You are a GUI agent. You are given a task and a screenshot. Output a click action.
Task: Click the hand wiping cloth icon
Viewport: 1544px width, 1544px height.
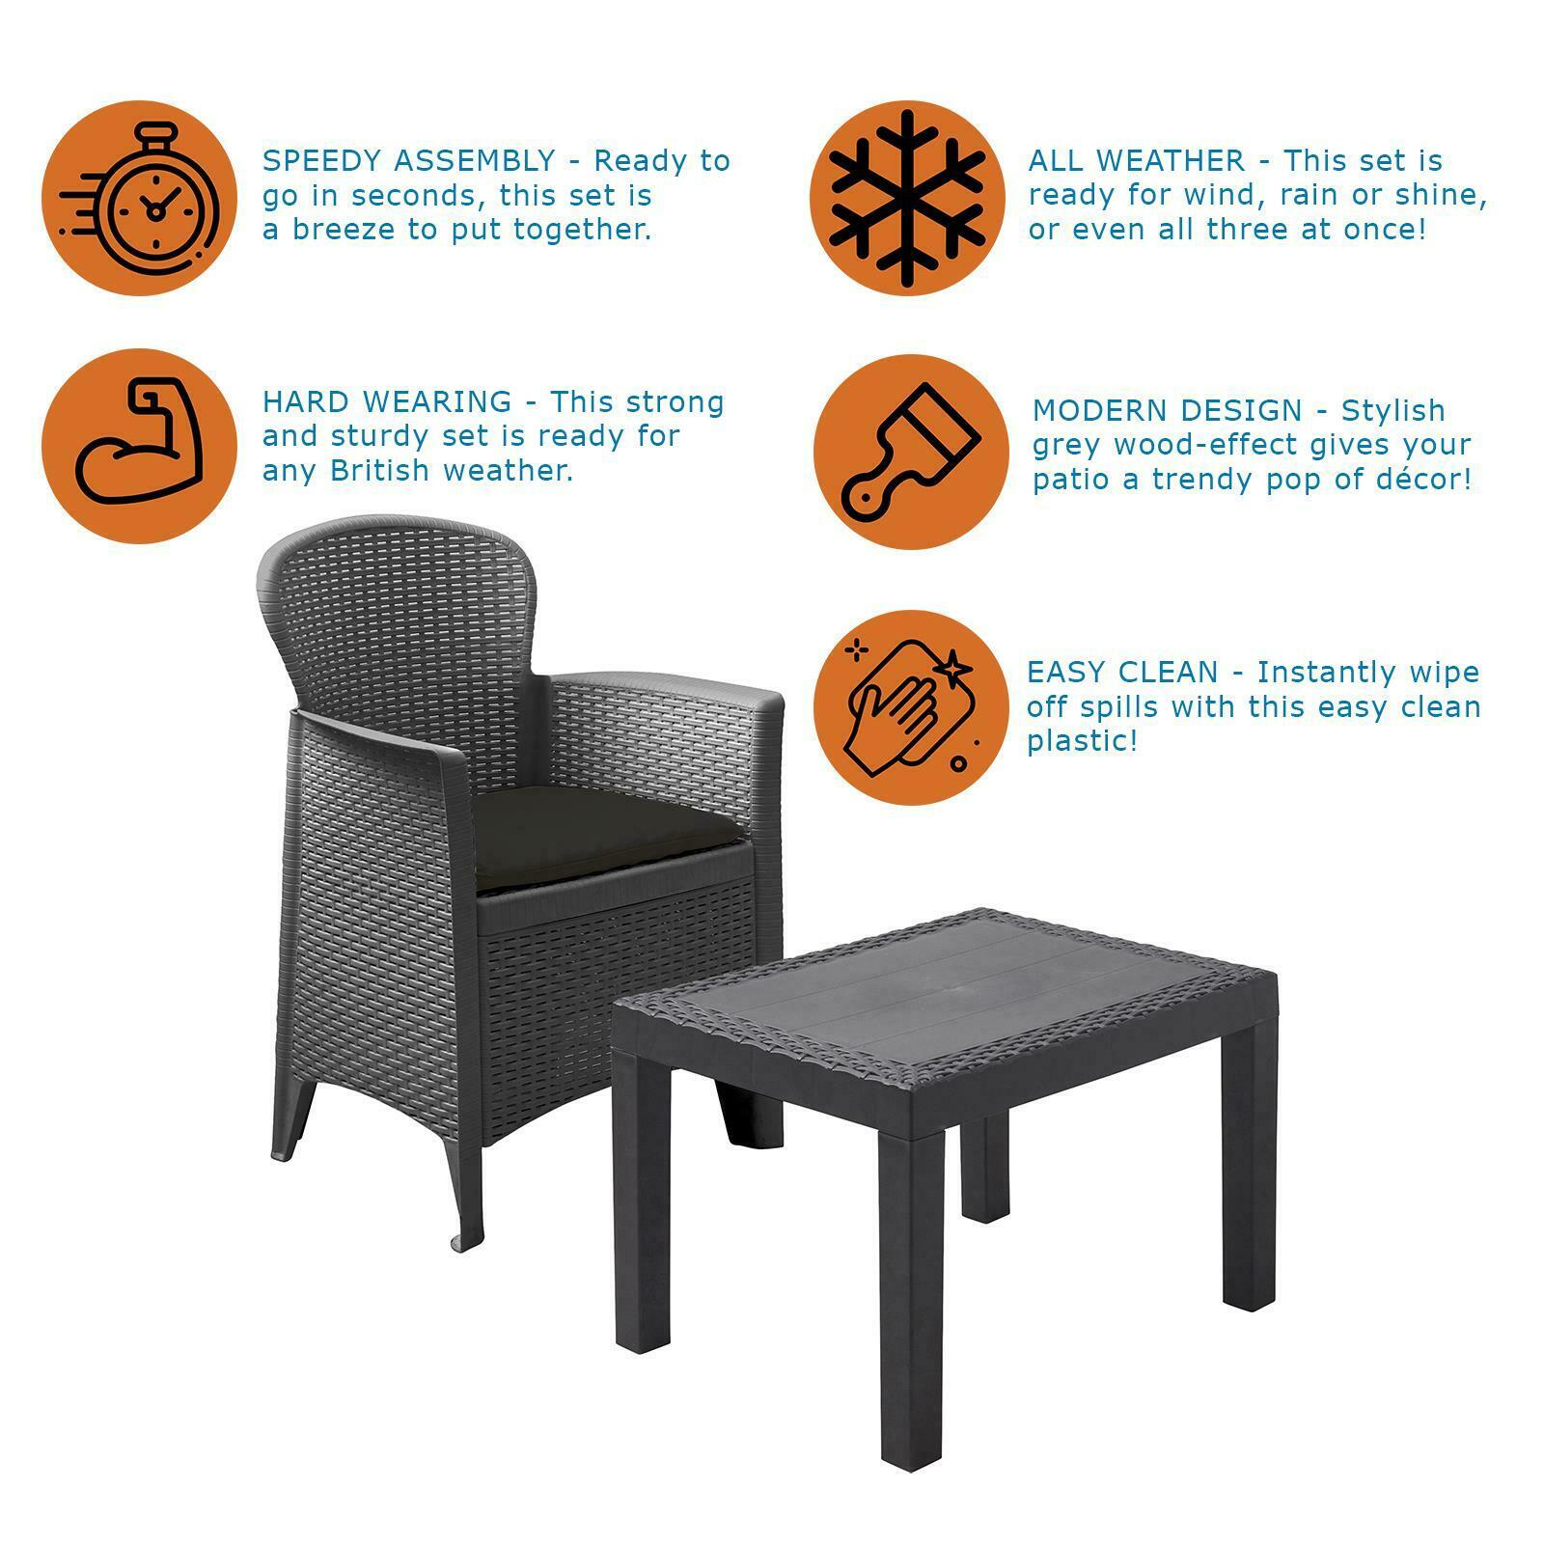tap(909, 705)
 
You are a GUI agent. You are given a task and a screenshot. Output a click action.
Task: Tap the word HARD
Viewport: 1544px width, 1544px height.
tap(299, 401)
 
